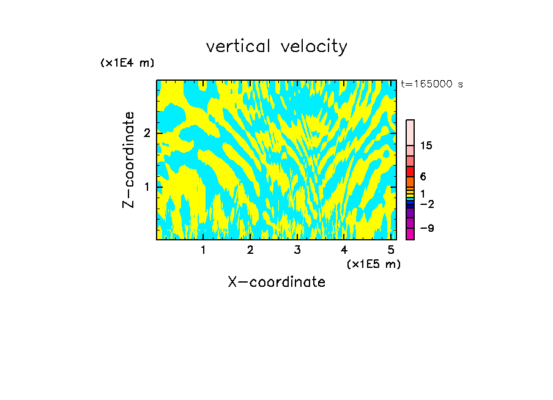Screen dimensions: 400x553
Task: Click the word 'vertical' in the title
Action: pos(236,46)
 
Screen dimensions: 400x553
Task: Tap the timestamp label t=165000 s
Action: pos(432,84)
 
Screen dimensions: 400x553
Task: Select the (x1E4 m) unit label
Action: pos(127,62)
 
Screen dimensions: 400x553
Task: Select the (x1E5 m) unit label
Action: pos(373,264)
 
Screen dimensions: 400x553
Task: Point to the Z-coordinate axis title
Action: pos(128,160)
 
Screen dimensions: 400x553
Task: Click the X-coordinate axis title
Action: pos(276,282)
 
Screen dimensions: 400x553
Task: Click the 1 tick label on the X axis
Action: pos(203,250)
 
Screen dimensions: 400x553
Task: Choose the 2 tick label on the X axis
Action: pos(250,250)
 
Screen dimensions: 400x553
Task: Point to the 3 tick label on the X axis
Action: pos(297,250)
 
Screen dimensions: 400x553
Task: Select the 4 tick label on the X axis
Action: pos(344,250)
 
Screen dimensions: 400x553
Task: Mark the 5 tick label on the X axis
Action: pos(391,250)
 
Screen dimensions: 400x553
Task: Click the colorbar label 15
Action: pos(426,146)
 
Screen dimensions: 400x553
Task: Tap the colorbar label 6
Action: pos(423,176)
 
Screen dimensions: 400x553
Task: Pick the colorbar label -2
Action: pos(426,204)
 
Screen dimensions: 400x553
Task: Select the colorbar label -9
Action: pos(426,228)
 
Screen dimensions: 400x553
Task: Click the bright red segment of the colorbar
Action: pos(410,171)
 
